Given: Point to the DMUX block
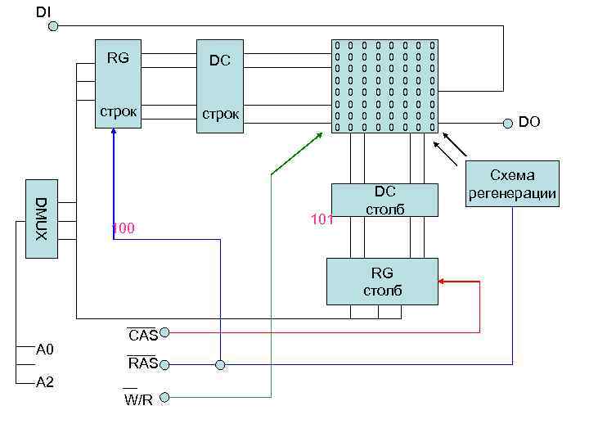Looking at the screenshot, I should [41, 218].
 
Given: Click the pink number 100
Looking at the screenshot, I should [124, 227].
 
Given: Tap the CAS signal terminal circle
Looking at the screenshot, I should [164, 333].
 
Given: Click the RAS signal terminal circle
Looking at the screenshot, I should [164, 363].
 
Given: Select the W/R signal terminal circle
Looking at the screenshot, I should [164, 398].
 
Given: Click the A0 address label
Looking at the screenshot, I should [45, 350].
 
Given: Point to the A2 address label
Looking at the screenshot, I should [45, 382].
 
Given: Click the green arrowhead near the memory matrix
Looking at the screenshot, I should [320, 133].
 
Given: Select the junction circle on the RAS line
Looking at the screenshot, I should [219, 363].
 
